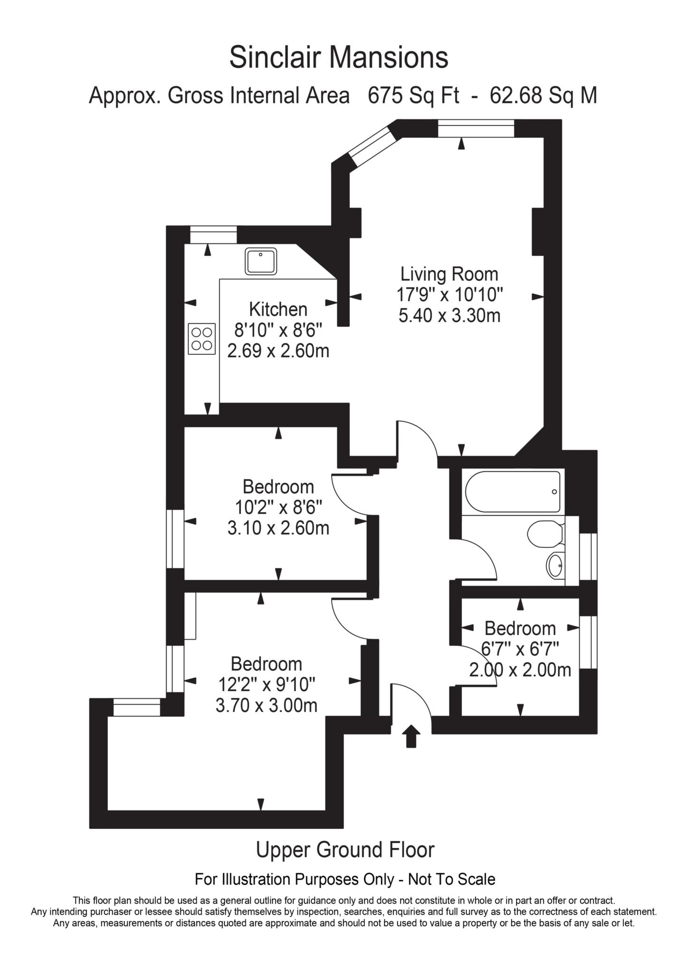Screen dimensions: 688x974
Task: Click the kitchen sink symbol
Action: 261,261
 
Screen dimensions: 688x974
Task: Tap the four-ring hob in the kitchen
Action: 202,339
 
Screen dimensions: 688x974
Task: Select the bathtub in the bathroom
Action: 513,491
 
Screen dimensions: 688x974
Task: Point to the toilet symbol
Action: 546,534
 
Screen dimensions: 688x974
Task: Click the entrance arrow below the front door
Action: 411,736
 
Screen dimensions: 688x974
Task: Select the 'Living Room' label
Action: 449,274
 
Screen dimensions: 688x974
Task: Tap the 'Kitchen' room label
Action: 278,310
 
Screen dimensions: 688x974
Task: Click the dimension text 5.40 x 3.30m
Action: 449,315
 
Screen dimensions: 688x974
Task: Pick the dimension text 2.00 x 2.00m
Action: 520,670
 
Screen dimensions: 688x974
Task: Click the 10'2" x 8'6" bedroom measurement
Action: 279,507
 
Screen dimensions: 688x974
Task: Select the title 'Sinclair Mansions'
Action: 339,58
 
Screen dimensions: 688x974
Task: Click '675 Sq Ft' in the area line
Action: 413,96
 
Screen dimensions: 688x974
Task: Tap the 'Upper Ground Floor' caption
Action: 345,850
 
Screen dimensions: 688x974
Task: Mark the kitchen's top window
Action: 213,235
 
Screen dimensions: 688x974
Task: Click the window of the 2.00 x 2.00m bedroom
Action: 588,642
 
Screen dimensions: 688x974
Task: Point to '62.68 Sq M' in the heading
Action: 544,96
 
